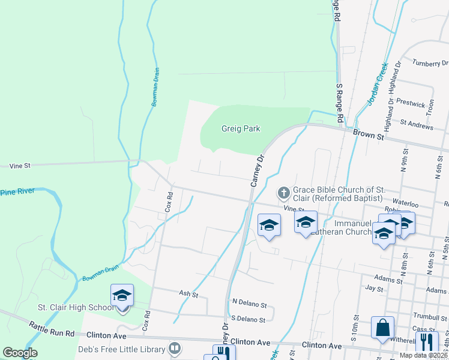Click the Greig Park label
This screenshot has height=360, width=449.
tap(240, 128)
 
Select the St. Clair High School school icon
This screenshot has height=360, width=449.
tap(122, 295)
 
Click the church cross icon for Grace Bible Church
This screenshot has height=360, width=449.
tap(282, 193)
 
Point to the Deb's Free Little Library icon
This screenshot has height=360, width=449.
tap(175, 348)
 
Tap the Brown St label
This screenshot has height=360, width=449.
tap(368, 136)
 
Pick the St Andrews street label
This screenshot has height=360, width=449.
tap(416, 126)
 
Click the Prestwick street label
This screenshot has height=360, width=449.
tap(411, 104)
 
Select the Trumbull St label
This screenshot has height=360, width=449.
tap(428, 316)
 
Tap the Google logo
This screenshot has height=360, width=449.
tap(20, 353)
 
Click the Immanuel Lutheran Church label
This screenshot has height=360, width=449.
tap(343, 227)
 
